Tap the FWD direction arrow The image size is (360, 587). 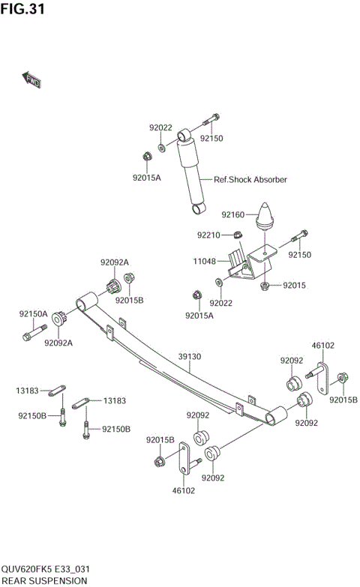coord(31,79)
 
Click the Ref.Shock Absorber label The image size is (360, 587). coord(250,180)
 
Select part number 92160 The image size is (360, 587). coord(233,215)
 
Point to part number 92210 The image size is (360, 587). coord(208,235)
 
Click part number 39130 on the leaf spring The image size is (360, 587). coord(189,358)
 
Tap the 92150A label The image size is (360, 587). coord(33,314)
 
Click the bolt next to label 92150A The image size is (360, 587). coord(33,333)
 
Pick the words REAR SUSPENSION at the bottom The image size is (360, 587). coord(44,580)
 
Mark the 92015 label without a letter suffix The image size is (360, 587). coord(295,286)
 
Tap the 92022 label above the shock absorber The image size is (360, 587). coord(160,128)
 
